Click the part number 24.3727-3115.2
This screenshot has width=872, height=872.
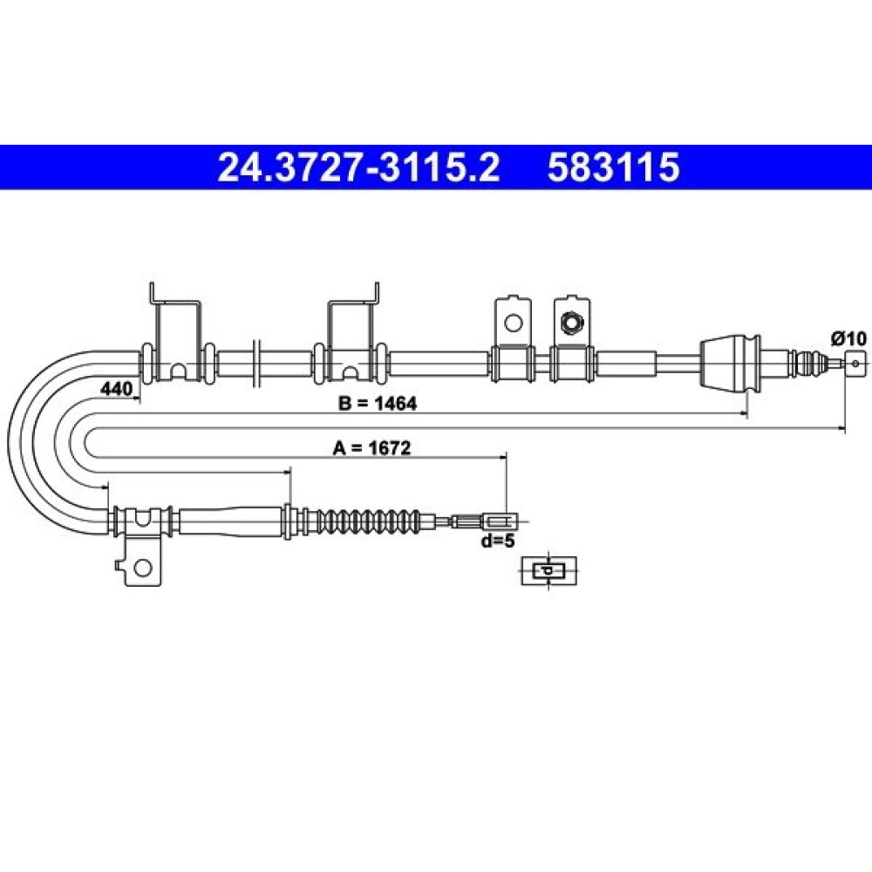[x=358, y=167]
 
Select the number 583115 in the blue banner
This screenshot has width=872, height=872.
[x=613, y=167]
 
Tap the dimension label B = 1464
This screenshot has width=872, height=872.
[x=377, y=403]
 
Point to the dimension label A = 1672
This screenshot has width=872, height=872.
[x=371, y=447]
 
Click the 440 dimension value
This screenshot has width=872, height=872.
[x=116, y=388]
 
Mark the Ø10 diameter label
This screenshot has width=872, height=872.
[x=848, y=338]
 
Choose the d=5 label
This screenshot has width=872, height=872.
[x=498, y=540]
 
